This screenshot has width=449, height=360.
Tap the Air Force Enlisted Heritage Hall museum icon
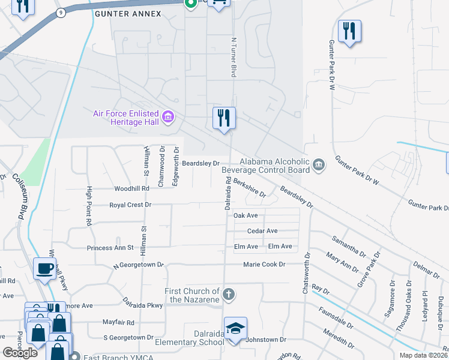[168, 116]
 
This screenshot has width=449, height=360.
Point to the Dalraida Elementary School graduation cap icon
[236, 328]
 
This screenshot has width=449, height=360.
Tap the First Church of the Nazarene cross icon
[228, 294]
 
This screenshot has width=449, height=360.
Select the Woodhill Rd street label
[131, 188]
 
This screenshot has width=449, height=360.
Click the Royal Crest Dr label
[130, 205]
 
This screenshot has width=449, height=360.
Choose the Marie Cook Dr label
[264, 265]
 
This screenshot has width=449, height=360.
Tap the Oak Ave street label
[246, 215]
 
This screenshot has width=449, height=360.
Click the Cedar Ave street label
[262, 231]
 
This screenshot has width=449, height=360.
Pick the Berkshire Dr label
[250, 187]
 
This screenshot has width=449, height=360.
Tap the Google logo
[20, 353]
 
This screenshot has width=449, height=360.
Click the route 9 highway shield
[60, 12]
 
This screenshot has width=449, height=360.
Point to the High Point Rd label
[88, 206]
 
